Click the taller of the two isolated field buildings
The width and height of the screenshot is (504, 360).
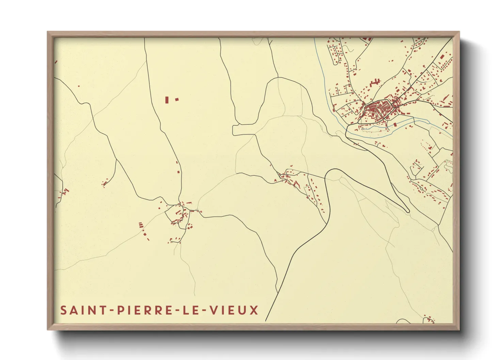click(167, 100)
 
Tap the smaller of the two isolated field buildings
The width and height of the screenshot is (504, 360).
click(177, 99)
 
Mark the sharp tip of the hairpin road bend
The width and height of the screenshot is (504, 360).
click(408, 211)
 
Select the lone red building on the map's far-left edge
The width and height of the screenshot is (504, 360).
click(56, 62)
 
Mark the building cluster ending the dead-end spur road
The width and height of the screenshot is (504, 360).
click(105, 183)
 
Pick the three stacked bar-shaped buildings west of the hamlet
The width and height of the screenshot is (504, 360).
click(141, 225)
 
